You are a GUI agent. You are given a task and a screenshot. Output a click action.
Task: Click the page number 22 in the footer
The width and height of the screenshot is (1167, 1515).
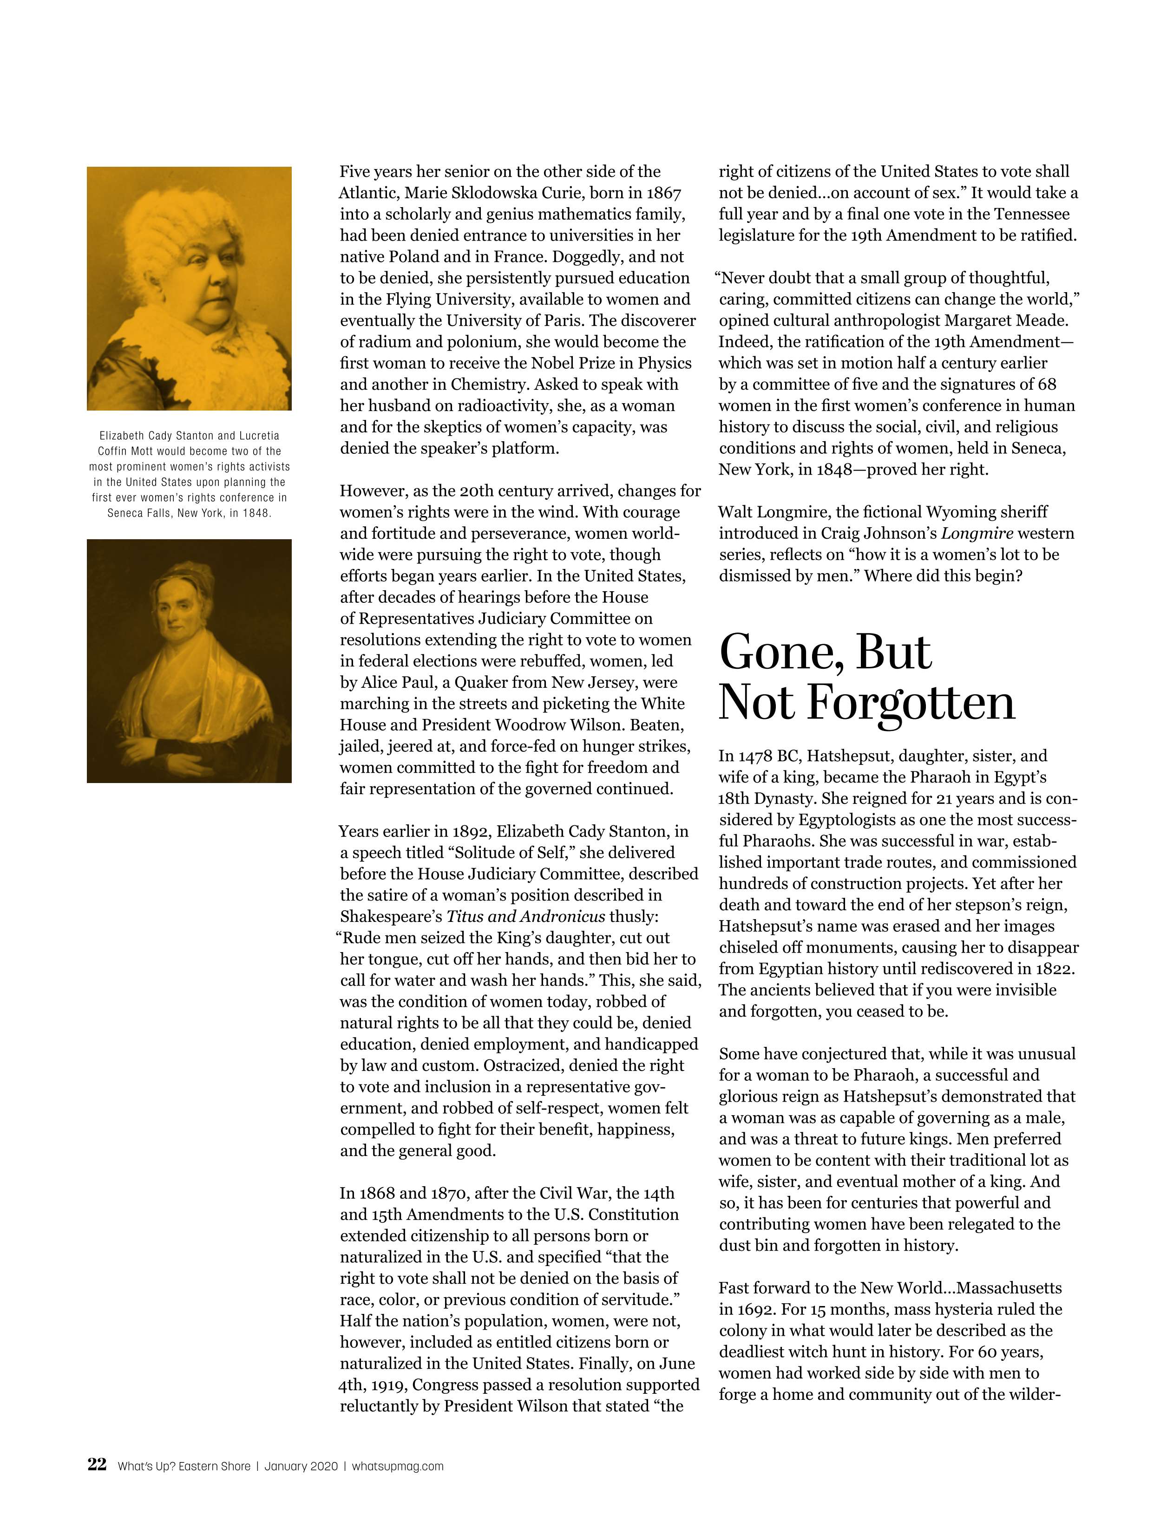[97, 1465]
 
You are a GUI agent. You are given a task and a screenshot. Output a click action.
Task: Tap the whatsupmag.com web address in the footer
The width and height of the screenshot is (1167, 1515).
[398, 1466]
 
